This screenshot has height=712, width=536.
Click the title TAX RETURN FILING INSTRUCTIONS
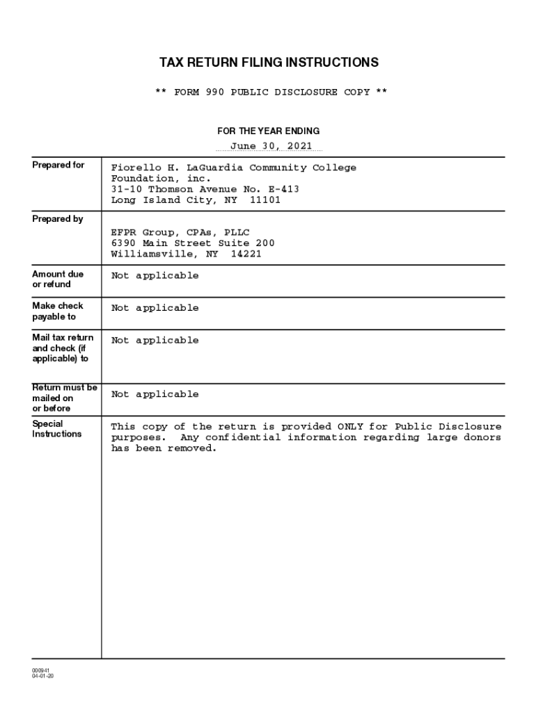[x=269, y=63]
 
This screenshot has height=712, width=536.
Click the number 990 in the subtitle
[x=214, y=92]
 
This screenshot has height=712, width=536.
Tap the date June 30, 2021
[x=276, y=146]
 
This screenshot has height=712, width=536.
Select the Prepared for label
[x=58, y=165]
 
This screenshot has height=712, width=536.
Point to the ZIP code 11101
[x=265, y=200]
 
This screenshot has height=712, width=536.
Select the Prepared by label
[x=58, y=219]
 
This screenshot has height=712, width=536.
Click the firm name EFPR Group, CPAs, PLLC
[x=180, y=232]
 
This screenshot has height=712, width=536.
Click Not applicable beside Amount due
[x=155, y=276]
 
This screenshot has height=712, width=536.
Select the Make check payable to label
[x=57, y=311]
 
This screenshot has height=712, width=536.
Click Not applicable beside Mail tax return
[x=155, y=341]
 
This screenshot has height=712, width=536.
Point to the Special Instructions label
[x=56, y=428]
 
